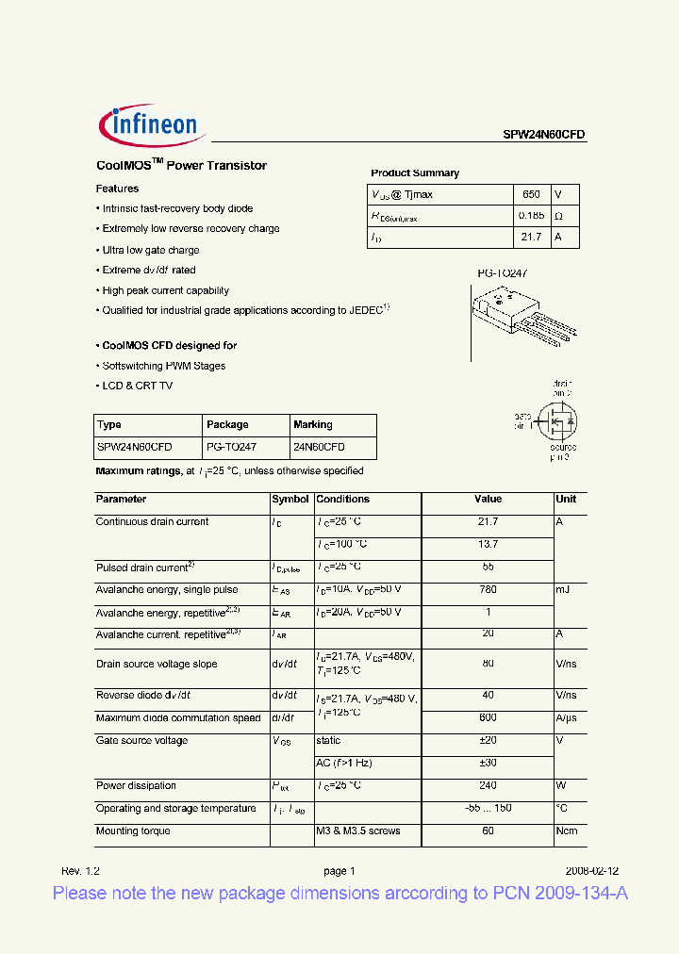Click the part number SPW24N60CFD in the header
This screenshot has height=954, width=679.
(543, 135)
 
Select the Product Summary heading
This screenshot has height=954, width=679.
(415, 173)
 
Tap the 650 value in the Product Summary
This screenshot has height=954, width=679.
(531, 194)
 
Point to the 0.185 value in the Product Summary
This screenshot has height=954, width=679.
(531, 216)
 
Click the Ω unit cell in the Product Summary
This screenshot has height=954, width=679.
(559, 216)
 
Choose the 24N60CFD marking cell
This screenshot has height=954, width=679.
(319, 448)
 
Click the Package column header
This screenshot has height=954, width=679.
(227, 425)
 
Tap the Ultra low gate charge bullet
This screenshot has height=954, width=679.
(150, 250)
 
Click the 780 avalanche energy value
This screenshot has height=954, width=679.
(488, 590)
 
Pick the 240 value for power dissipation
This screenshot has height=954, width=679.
(488, 786)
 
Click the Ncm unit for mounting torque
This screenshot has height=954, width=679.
(567, 831)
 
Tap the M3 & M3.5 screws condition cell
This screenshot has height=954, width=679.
(357, 831)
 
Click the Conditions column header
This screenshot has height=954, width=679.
(342, 500)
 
